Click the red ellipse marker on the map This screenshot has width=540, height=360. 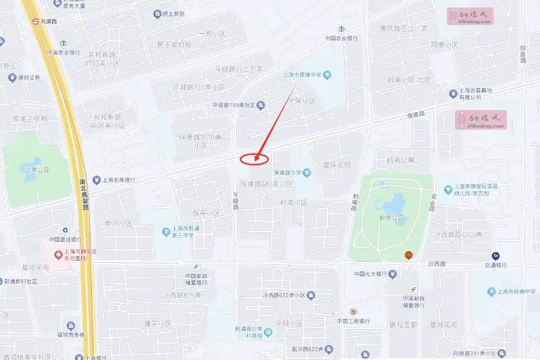coord(254,159)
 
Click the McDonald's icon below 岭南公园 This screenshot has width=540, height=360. coord(408,255)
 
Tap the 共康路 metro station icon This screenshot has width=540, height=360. coord(35,21)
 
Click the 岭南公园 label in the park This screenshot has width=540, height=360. coord(391,218)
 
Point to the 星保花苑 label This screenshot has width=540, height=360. coord(337,164)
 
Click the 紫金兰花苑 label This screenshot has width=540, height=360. coord(30,118)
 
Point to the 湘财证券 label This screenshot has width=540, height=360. coord(28,77)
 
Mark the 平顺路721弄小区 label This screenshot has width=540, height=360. coord(198,87)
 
